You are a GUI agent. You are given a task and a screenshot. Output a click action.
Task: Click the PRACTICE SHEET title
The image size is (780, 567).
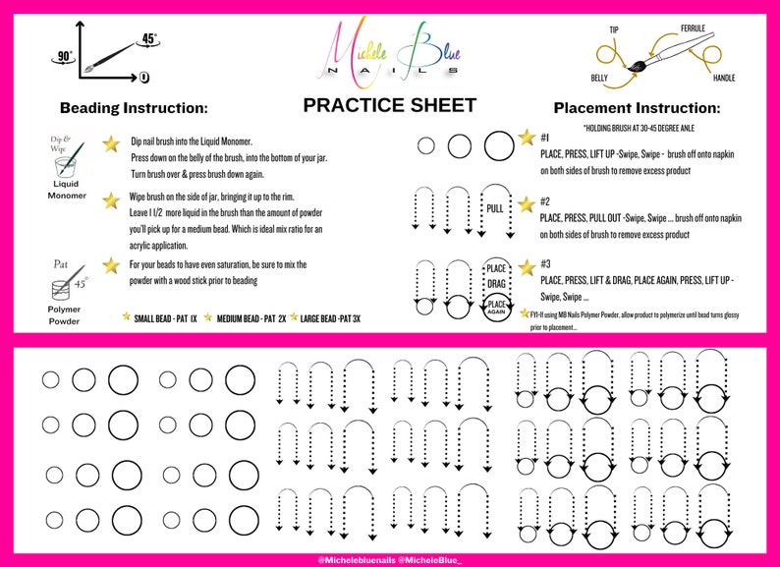(389, 105)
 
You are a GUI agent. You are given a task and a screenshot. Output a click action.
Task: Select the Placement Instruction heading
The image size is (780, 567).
(637, 108)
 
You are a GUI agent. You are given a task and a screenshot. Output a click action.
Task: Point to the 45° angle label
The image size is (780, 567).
(150, 39)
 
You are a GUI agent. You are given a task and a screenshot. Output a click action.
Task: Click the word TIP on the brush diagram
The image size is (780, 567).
(615, 30)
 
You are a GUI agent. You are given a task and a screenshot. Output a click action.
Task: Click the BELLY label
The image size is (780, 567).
(599, 78)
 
